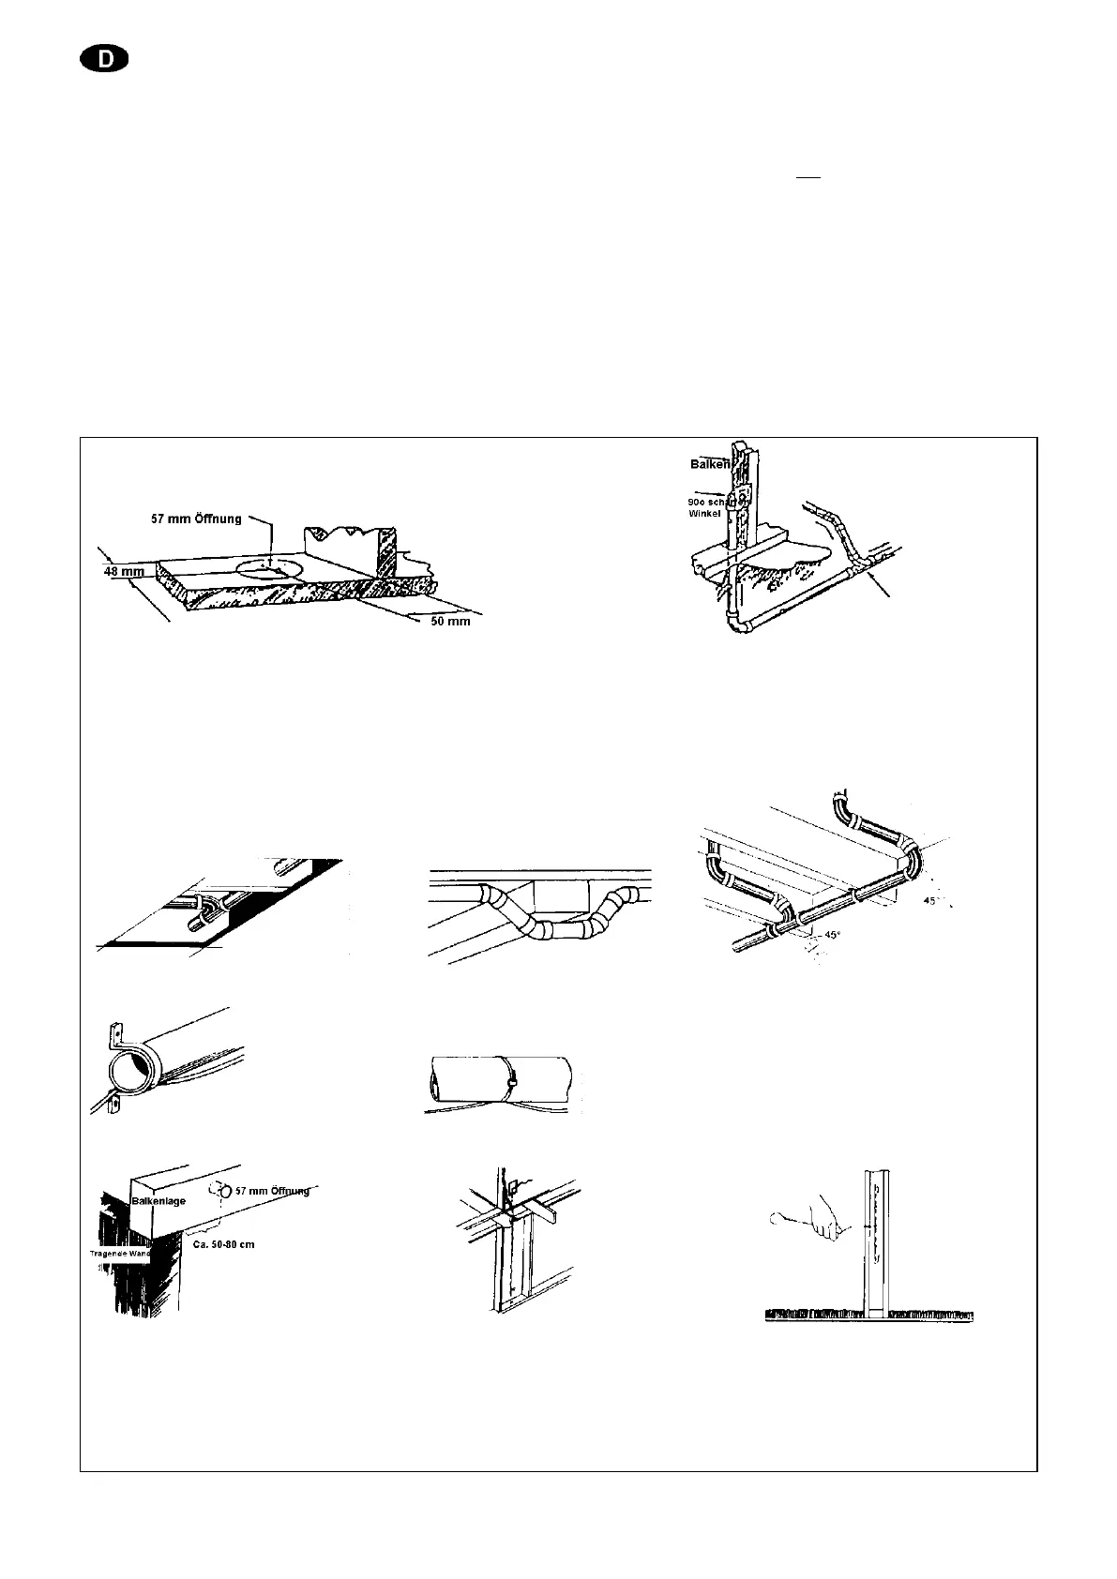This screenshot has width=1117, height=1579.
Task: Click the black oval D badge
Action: pyautogui.click(x=104, y=60)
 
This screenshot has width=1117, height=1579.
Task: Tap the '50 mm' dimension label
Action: pyautogui.click(x=450, y=621)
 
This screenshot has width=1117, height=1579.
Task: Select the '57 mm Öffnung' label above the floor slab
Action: pyautogui.click(x=196, y=519)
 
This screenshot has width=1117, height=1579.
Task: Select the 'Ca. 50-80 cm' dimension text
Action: pyautogui.click(x=223, y=1244)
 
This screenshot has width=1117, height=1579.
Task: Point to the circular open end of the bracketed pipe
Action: pyautogui.click(x=128, y=1069)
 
